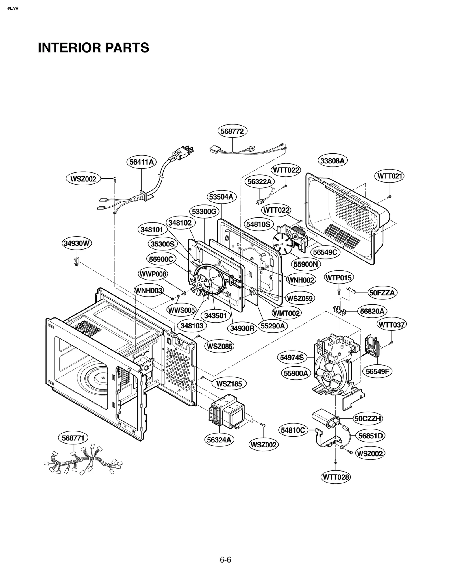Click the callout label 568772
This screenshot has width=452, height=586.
pos(232,131)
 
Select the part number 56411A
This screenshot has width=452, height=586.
pos(142,162)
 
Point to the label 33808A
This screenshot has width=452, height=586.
pos(333,161)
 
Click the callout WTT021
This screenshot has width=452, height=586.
pos(390,176)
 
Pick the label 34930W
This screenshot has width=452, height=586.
pos(77,243)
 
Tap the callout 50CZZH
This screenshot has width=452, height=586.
pos(368,419)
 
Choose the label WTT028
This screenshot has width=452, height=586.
pos(336,477)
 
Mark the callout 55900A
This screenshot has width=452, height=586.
pos(296,373)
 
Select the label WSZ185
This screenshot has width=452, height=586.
pos(229,384)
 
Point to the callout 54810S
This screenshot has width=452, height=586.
pos(258,224)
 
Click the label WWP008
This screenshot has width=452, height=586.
pos(153,274)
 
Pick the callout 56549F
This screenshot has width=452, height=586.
pos(377,371)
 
